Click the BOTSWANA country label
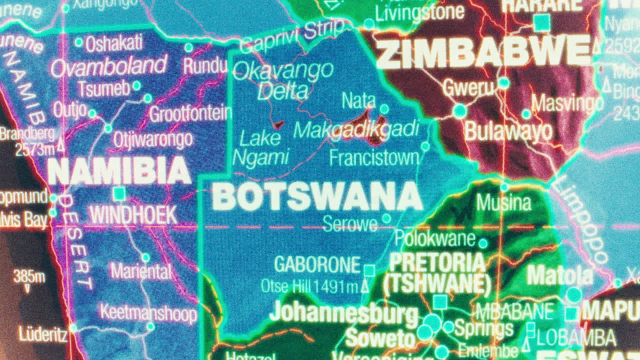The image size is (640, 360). (317, 196)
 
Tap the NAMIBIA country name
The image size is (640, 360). (119, 171)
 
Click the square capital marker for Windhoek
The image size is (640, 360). (119, 193)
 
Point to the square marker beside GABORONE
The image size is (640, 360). (369, 270)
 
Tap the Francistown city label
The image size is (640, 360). (374, 158)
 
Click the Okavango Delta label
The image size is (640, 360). (283, 80)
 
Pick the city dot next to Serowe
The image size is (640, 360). (386, 218)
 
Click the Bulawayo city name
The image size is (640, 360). (508, 131)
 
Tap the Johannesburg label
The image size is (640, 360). (343, 313)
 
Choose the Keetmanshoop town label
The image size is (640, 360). (148, 313)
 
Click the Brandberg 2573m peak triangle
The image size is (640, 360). (61, 146)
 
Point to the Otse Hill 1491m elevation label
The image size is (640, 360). (310, 286)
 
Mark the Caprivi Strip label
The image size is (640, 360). (292, 36)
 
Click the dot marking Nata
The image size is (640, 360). (384, 109)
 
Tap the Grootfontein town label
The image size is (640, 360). (190, 114)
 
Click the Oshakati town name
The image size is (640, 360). (114, 43)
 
